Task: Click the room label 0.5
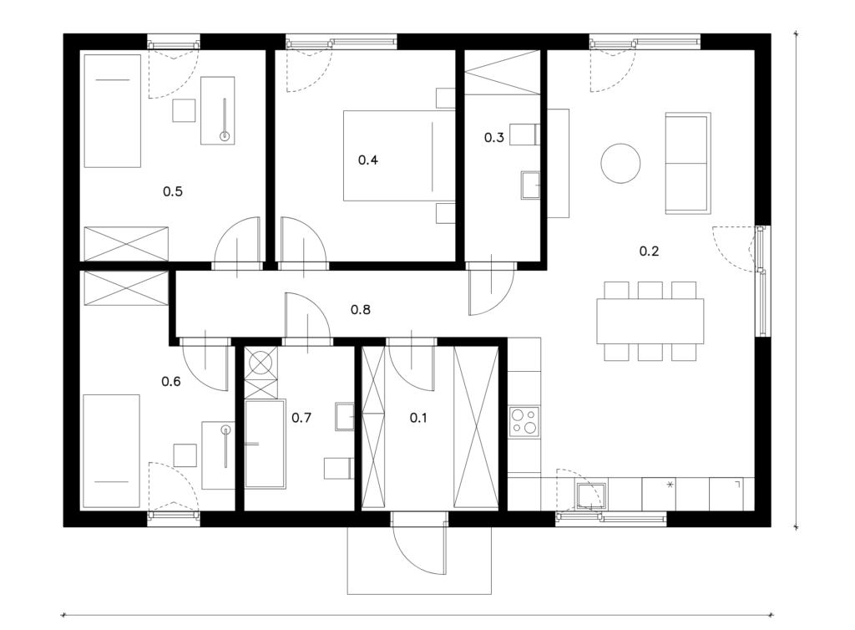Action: point(172,191)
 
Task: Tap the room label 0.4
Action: point(367,160)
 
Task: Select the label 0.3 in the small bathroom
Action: point(493,138)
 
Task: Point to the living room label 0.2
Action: point(649,251)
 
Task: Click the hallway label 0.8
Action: point(361,310)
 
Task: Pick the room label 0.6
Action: point(170,381)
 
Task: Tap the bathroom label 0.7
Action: point(301,418)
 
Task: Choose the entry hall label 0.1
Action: point(418,418)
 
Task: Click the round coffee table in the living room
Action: point(620,163)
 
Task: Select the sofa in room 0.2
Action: point(688,163)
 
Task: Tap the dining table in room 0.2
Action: point(650,322)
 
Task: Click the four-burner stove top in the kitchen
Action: point(524,422)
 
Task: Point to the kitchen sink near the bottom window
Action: point(592,495)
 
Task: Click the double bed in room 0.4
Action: point(399,156)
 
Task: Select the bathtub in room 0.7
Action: point(265,444)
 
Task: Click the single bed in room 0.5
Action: point(113,111)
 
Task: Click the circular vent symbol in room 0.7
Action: point(261,362)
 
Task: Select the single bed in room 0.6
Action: point(111,451)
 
